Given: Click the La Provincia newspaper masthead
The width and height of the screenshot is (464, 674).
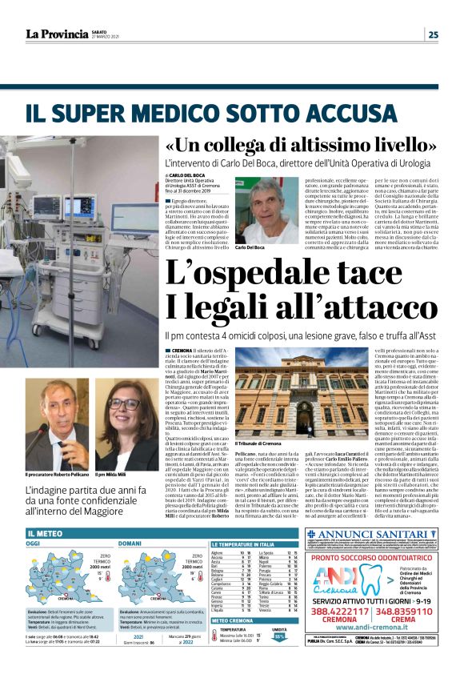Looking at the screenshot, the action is click(x=57, y=34).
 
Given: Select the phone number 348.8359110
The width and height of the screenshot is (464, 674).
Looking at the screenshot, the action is click(x=398, y=619).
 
